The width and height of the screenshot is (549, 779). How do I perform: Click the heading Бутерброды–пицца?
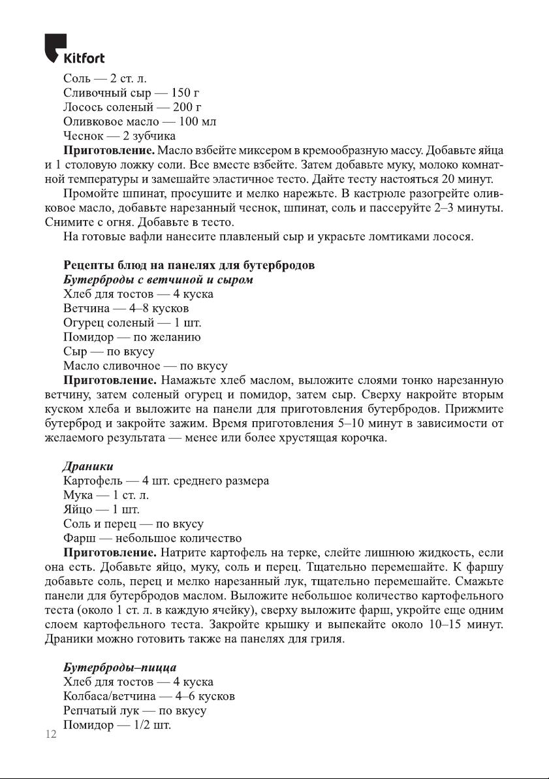coord(119,668)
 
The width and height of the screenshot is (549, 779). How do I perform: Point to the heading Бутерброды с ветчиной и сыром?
coord(157,279)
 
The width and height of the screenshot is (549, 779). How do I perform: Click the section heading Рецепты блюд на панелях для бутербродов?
coord(189,265)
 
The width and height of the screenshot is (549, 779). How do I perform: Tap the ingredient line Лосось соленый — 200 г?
coord(132,107)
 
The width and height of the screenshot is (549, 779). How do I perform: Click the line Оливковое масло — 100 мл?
coord(139,121)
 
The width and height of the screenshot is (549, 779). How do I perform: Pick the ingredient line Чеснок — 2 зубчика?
coord(119,136)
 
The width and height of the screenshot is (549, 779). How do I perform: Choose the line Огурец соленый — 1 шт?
coord(133,323)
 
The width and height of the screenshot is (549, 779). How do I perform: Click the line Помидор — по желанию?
coord(132,337)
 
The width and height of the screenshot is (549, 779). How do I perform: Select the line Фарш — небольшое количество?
coord(153,539)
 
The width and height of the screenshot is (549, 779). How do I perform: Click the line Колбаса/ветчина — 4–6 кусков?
coord(149,696)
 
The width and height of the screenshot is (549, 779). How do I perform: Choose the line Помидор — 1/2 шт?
coord(117,725)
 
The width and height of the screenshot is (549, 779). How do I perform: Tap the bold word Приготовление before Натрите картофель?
coord(110,553)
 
